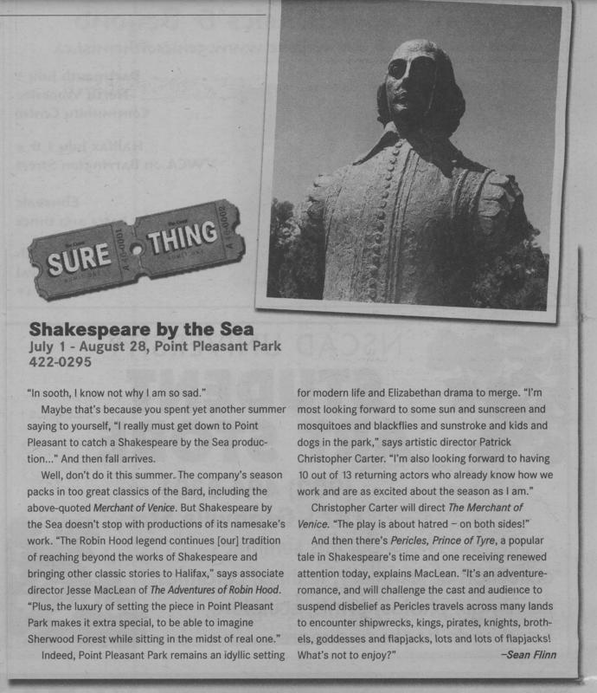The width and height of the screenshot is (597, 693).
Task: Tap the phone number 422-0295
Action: (x=58, y=366)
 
